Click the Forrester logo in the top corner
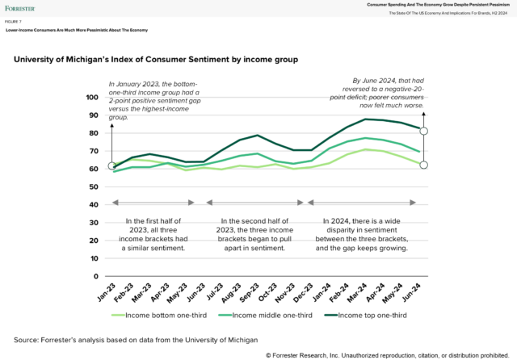tap(20, 9)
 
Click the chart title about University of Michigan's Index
tap(156, 60)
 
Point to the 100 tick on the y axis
tap(91, 98)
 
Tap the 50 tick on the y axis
tap(94, 186)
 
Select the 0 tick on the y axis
tap(96, 276)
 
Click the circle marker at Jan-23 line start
tap(112, 166)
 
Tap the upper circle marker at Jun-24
tap(423, 131)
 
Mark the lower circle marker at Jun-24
tap(423, 165)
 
